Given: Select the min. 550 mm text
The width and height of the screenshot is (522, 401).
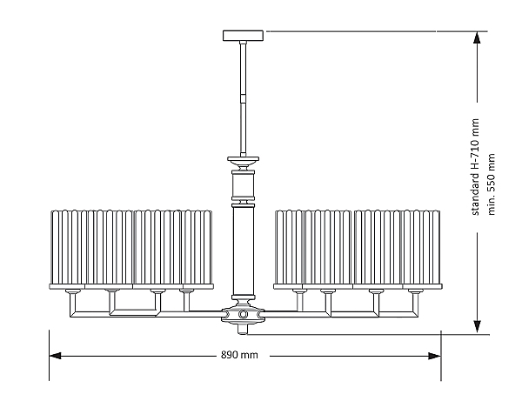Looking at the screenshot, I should click(x=492, y=185).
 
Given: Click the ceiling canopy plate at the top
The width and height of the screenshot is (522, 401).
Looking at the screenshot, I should click(x=244, y=36).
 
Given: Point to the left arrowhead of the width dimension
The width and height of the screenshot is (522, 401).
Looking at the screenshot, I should click(x=55, y=356).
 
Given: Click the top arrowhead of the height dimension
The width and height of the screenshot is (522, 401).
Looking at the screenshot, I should click(x=477, y=37).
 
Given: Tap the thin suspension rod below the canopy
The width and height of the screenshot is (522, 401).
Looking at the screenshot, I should click(x=244, y=96).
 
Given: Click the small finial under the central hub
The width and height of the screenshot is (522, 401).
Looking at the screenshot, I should click(x=244, y=330).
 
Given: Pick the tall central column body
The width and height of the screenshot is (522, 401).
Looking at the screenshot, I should click(x=244, y=252).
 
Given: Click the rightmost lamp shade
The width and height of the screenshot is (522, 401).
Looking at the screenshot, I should click(x=420, y=248).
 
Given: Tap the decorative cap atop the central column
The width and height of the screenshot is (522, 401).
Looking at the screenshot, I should click(x=244, y=161).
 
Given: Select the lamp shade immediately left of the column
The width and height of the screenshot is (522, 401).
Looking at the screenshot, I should click(x=196, y=248).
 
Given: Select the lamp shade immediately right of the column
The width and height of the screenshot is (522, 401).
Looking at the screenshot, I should click(x=292, y=248).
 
